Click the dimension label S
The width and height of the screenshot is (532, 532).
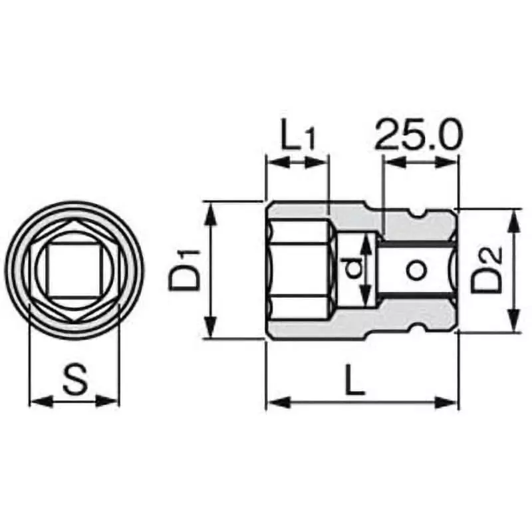point(75,380)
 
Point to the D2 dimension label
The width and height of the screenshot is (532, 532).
point(487,270)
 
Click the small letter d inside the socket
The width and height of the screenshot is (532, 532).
point(354,269)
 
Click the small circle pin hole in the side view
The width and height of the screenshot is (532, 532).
point(416,269)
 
